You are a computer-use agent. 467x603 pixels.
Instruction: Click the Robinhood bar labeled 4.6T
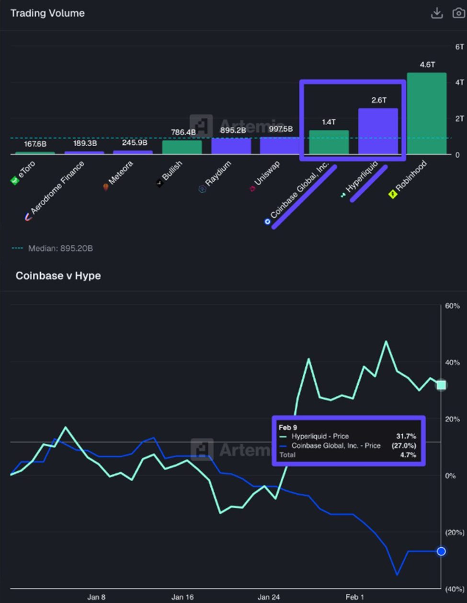tap(426, 114)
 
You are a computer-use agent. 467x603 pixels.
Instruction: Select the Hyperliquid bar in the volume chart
tap(378, 131)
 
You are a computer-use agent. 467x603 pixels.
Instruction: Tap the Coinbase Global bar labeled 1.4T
tap(329, 142)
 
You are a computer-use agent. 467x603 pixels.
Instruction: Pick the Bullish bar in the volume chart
tap(182, 147)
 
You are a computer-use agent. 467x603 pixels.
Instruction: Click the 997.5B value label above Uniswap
tap(280, 129)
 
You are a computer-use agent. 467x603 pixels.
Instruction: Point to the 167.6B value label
tap(35, 144)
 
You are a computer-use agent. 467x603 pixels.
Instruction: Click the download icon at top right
tap(437, 13)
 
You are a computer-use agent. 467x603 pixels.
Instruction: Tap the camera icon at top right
tap(458, 13)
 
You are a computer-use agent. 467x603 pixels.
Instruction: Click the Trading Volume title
tap(47, 13)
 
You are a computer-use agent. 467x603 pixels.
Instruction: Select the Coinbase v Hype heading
tap(58, 276)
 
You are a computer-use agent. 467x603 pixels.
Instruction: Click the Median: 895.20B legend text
tap(60, 248)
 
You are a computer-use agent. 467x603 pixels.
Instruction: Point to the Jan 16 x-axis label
tap(183, 597)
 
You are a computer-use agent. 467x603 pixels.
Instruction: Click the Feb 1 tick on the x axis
tap(354, 597)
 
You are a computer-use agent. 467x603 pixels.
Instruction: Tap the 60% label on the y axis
tap(452, 306)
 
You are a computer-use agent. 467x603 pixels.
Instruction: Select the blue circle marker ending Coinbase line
tap(441, 551)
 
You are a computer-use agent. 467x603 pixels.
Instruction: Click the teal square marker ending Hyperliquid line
tap(441, 385)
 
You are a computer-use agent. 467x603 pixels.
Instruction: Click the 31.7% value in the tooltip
tap(406, 436)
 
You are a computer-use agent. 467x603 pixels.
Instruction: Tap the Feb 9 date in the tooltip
tap(288, 427)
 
